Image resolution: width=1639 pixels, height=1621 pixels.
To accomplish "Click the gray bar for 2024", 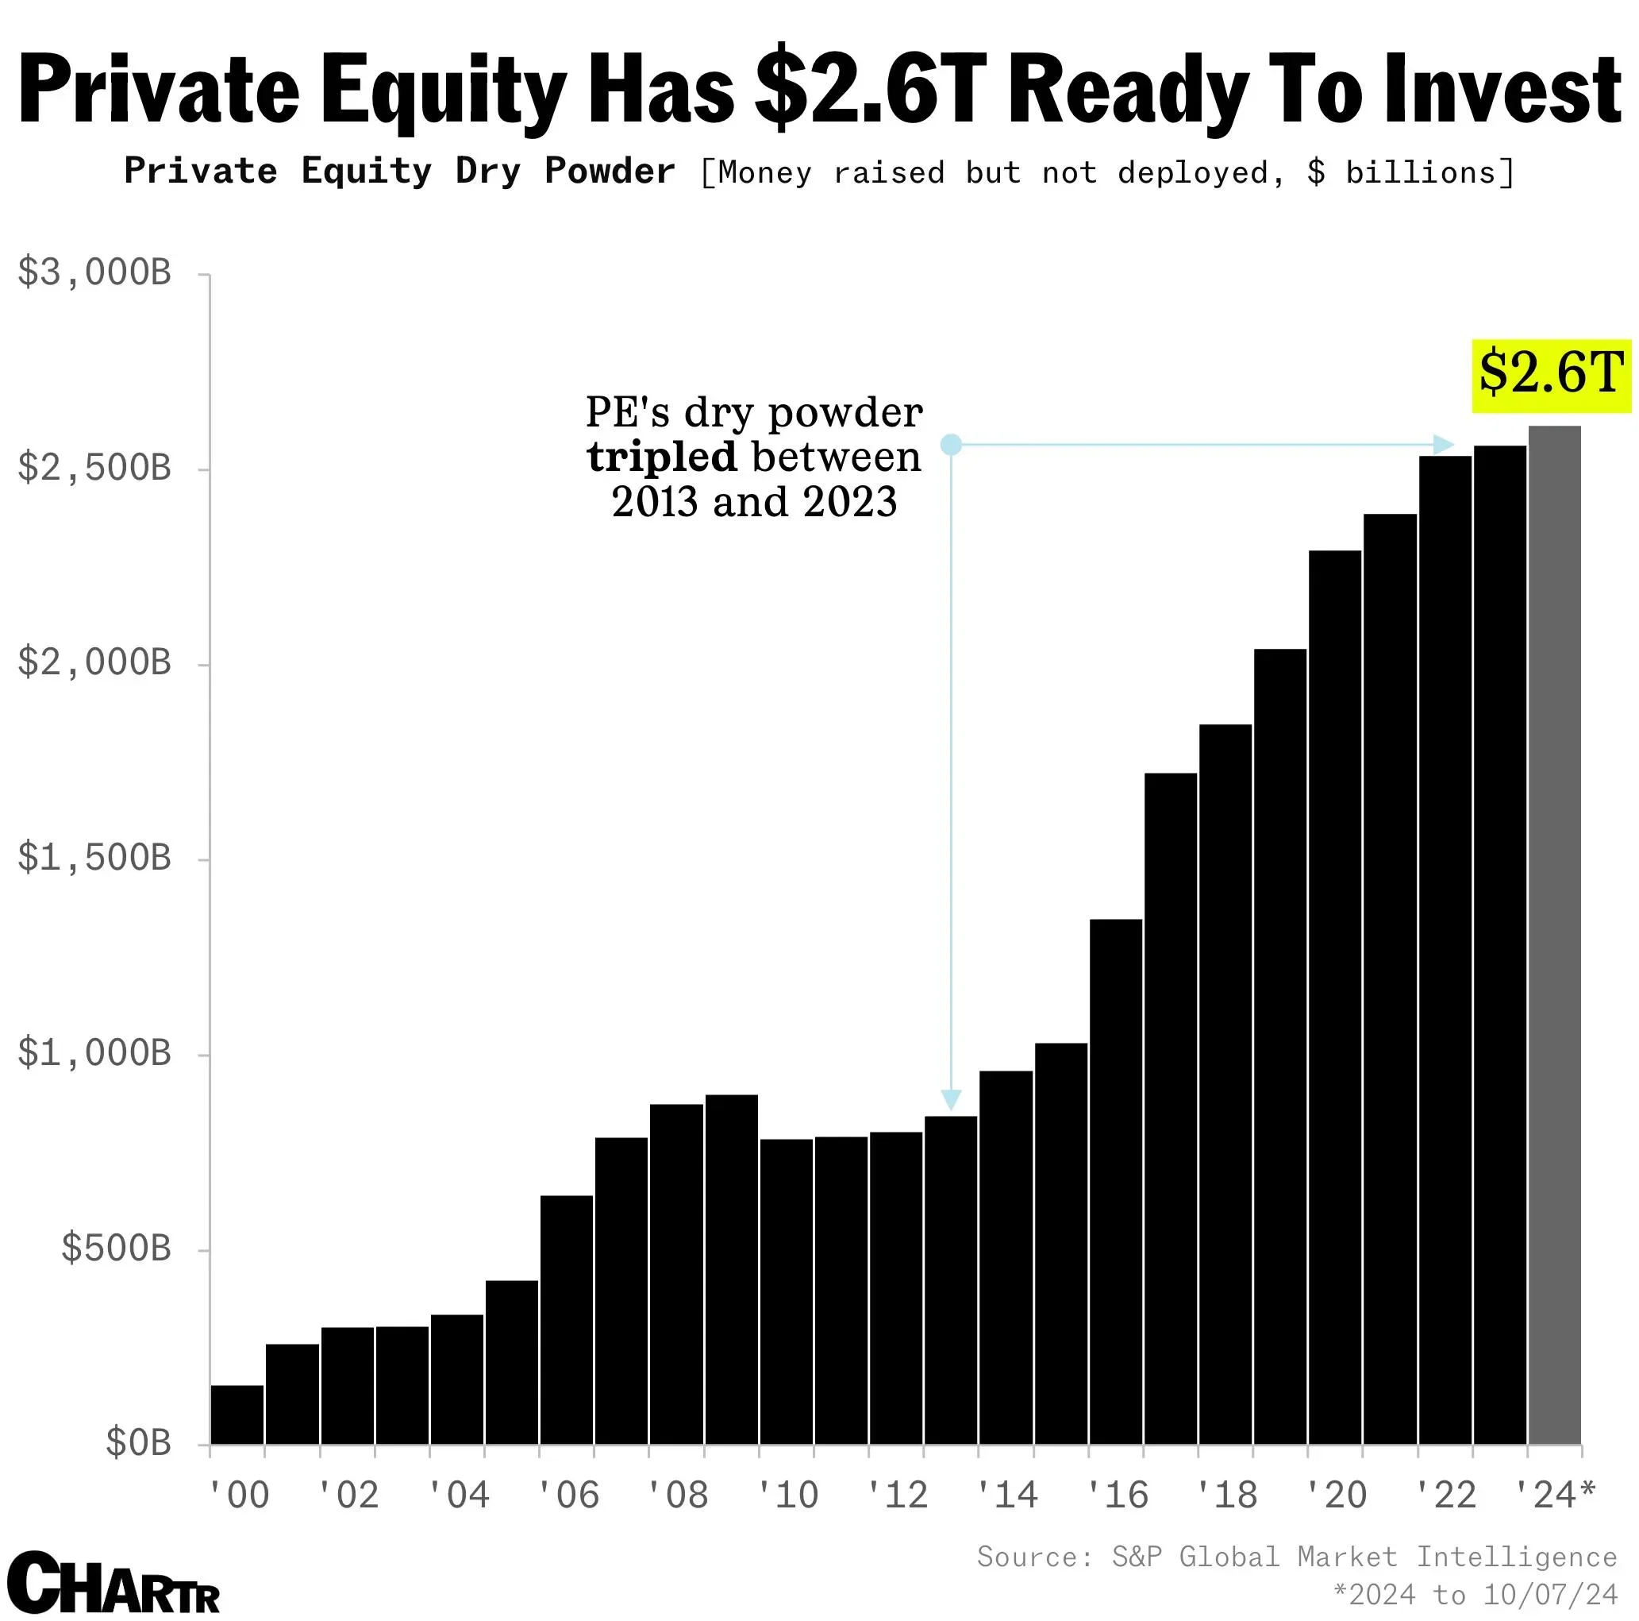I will pos(1554,933).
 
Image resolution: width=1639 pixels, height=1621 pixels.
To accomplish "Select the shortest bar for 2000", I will pos(237,1414).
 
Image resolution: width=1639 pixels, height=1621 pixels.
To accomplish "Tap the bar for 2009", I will pos(731,1269).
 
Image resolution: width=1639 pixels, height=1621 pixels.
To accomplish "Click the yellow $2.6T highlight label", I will pos(1550,376).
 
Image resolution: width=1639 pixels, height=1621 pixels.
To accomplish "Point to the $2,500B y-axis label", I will pos(94,468).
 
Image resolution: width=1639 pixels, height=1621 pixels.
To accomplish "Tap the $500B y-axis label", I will pos(115,1249).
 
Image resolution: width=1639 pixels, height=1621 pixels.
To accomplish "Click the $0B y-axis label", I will pos(137,1443).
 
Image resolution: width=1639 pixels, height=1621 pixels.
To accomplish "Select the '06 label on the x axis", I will pos(568,1496).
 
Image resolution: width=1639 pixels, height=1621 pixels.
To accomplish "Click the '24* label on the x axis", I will pos(1555,1496).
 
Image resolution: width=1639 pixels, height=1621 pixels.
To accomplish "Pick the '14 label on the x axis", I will pos(1007,1496).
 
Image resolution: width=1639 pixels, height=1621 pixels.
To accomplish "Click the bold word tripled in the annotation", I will pos(662,457).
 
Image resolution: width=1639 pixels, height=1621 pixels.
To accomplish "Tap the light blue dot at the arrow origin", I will pos(951,444).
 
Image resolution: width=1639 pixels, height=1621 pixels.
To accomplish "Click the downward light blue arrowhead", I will pos(951,1100).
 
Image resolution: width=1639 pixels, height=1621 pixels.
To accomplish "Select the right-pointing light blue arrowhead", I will pos(1443,444).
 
